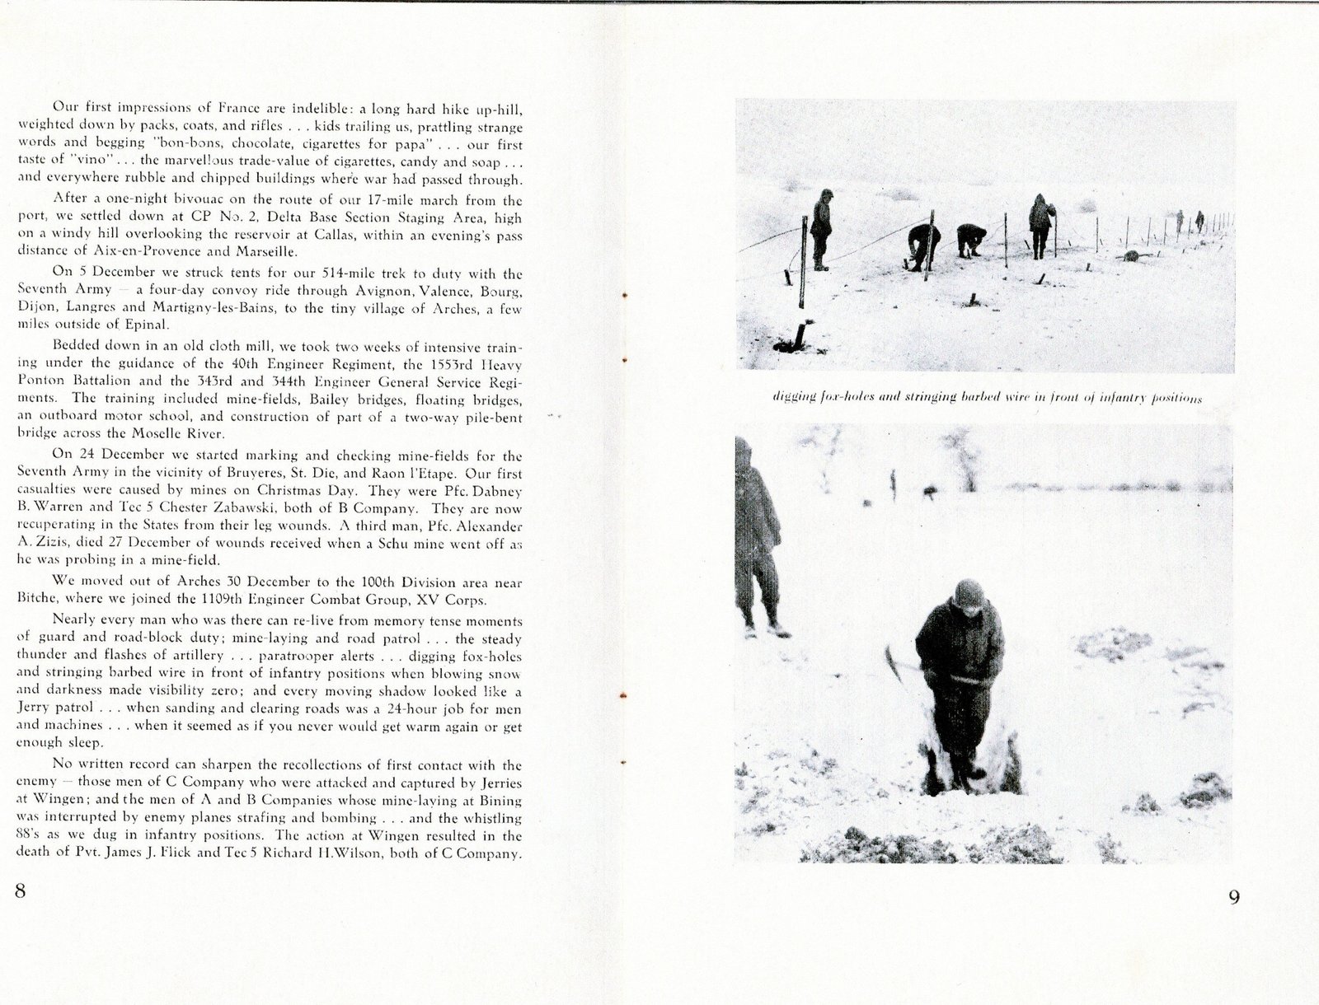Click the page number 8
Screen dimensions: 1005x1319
[x=21, y=891]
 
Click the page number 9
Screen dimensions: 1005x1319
[x=1233, y=897]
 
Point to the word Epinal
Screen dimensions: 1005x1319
[x=148, y=325]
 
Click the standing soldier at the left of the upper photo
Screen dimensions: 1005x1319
[x=821, y=229]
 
